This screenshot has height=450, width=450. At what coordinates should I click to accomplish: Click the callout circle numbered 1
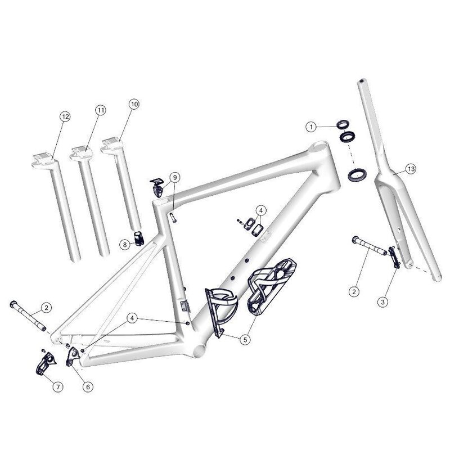[310, 128]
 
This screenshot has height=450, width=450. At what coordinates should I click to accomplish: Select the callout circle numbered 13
[411, 169]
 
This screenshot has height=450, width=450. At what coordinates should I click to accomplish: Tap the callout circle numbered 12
[65, 116]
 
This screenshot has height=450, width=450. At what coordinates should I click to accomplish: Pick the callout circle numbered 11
[100, 110]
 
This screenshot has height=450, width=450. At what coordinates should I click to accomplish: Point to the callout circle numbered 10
[134, 103]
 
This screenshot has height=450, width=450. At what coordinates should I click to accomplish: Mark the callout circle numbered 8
[124, 244]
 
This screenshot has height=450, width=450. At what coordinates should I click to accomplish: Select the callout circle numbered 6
[88, 386]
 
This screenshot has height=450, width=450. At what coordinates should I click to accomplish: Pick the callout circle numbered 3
[382, 302]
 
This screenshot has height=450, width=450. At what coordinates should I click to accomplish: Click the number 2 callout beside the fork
[354, 291]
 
